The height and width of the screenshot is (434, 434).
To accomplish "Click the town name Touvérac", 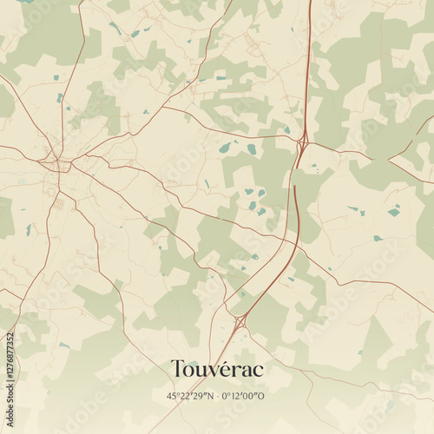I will pos(217,370).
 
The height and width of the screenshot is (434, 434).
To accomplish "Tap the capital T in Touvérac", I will pos(177,370).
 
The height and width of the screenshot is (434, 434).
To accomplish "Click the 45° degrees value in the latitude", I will pos(173,395).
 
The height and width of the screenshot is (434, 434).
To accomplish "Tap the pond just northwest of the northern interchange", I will pos(286,130).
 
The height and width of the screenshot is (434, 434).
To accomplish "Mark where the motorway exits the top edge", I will pos(310,2).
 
